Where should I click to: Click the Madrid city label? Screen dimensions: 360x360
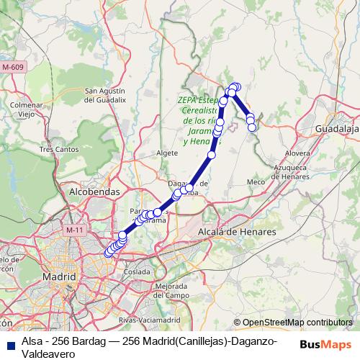(x=60, y=276)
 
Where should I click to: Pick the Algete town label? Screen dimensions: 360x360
(x=166, y=153)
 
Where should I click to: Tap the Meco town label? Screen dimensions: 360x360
(x=256, y=182)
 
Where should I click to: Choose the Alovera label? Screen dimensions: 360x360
(x=297, y=153)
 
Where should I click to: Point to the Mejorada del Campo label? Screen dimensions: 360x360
(x=171, y=291)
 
